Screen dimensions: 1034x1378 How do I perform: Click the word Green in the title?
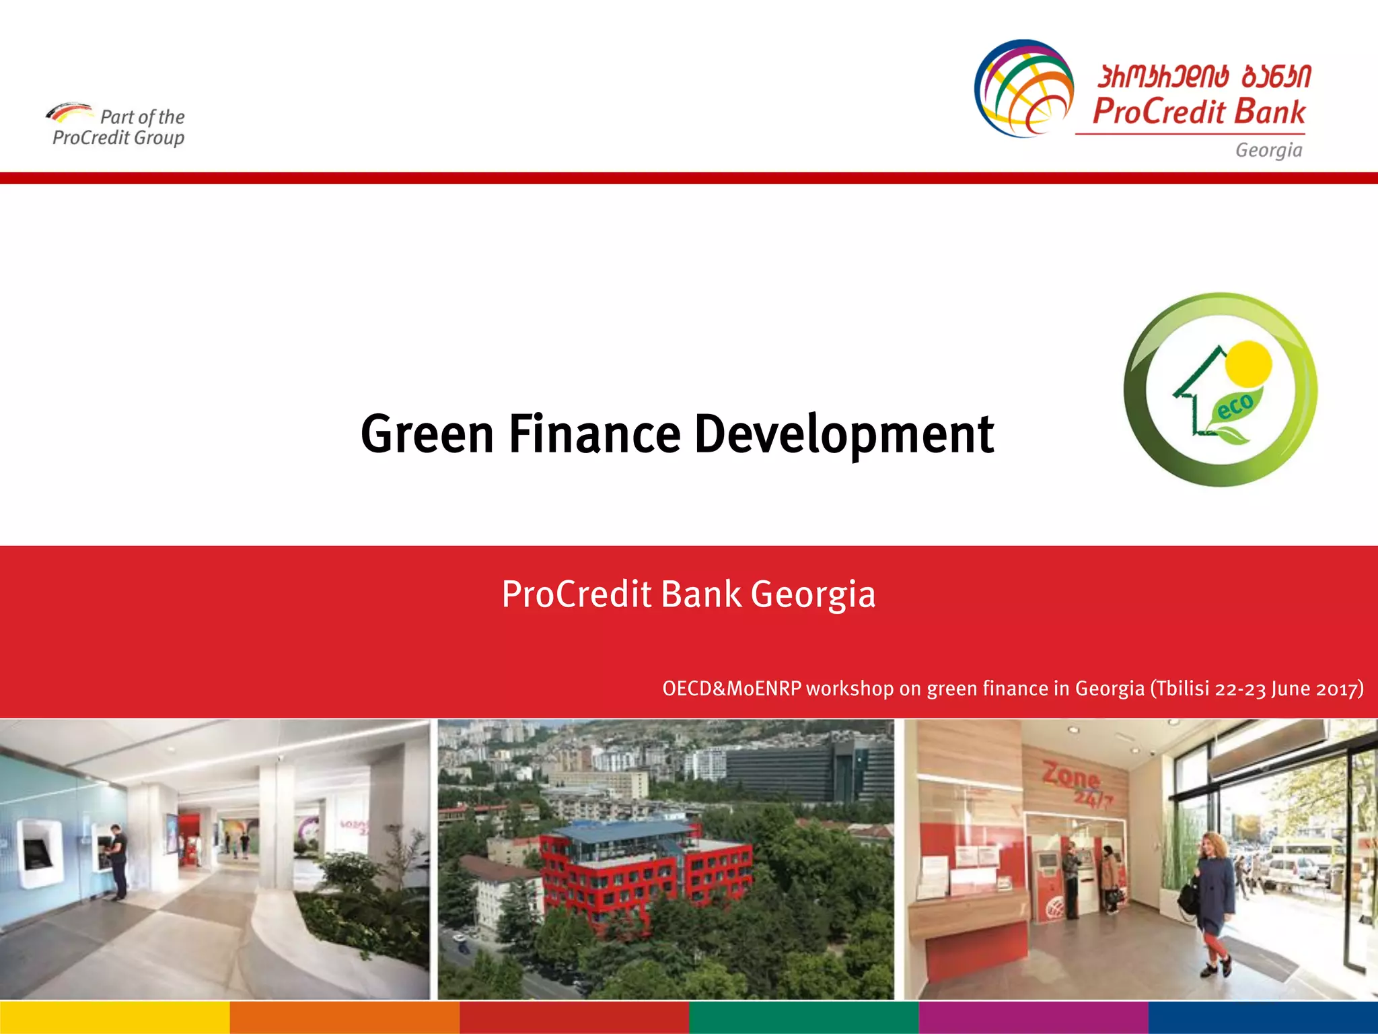pos(427,434)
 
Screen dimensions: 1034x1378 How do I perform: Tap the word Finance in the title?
pos(594,434)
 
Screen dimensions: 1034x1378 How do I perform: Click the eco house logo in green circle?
pos(1221,390)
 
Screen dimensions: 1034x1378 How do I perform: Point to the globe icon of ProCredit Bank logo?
pos(1024,88)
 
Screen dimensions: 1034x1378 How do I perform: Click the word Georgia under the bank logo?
pos(1268,150)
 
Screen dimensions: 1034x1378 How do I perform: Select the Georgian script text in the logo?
pos(1204,77)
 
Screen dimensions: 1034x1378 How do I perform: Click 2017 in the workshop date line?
pos(1338,689)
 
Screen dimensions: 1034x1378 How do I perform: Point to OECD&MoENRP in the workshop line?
pos(731,689)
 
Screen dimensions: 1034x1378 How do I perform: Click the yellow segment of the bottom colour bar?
pos(114,1017)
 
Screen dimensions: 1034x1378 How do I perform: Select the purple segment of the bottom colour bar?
pos(1033,1017)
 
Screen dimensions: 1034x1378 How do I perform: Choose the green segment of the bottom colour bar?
pos(803,1017)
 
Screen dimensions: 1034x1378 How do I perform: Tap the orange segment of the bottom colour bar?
pos(344,1017)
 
